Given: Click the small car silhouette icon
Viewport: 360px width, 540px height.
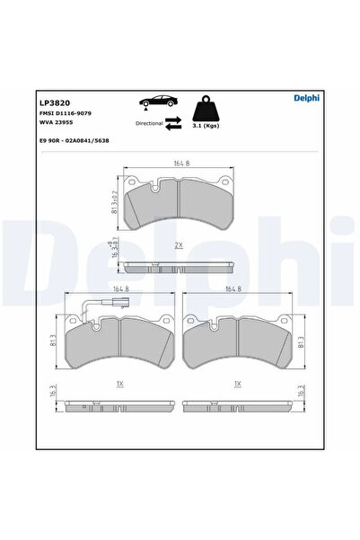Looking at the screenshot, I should coord(160,104).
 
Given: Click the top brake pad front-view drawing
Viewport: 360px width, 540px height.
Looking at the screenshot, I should coord(180,203).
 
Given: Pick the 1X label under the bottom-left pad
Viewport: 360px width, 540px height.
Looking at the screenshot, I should coord(121,383).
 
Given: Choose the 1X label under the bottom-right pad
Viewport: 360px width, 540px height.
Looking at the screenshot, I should coord(236,383).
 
